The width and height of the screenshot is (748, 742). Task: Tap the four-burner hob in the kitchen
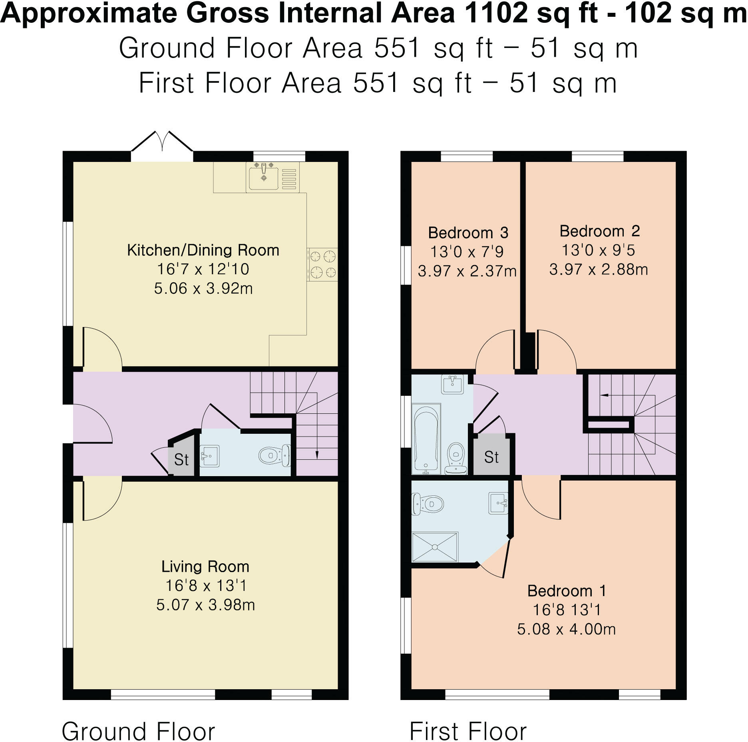click(x=322, y=264)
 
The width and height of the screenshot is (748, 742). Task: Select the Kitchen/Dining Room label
click(x=203, y=250)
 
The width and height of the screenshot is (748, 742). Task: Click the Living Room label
click(x=205, y=566)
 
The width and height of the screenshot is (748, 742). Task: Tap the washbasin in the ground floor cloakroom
click(x=209, y=456)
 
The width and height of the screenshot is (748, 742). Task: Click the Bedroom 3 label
click(x=468, y=233)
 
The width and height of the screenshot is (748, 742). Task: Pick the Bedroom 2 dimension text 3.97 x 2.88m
click(x=598, y=269)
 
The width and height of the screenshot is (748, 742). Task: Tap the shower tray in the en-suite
click(x=435, y=547)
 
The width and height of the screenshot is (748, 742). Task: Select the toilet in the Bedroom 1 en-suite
click(x=428, y=503)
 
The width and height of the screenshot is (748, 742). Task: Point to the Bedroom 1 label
click(x=567, y=591)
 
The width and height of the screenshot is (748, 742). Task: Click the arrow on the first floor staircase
click(x=604, y=395)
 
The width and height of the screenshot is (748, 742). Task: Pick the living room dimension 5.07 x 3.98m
click(x=205, y=605)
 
